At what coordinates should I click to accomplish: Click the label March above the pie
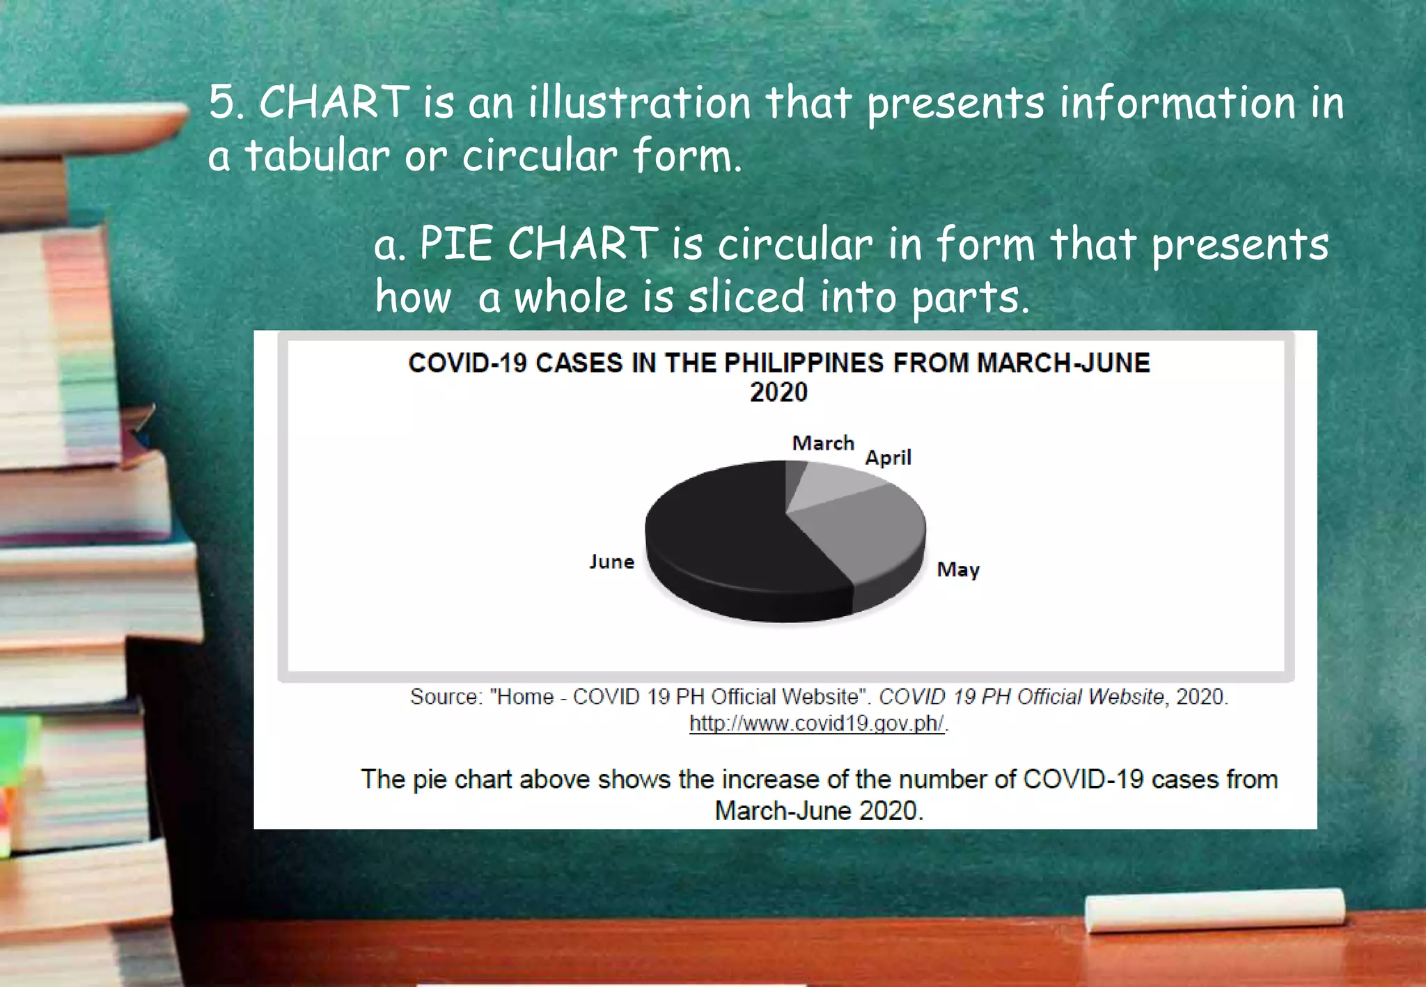[x=823, y=443]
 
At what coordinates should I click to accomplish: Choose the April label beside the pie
[x=888, y=458]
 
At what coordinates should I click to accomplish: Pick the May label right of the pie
[x=958, y=570]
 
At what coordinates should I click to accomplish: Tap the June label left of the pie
[x=612, y=562]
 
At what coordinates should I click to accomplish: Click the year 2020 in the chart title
[x=778, y=393]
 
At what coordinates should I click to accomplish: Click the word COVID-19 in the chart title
[x=467, y=363]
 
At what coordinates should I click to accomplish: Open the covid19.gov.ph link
[x=817, y=724]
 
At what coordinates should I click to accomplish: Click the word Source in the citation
[x=444, y=697]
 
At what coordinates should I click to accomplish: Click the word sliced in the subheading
[x=746, y=297]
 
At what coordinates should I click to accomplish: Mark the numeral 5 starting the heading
[x=223, y=102]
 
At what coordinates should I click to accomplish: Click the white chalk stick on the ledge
[x=1214, y=910]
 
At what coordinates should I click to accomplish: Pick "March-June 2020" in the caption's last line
[x=818, y=811]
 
